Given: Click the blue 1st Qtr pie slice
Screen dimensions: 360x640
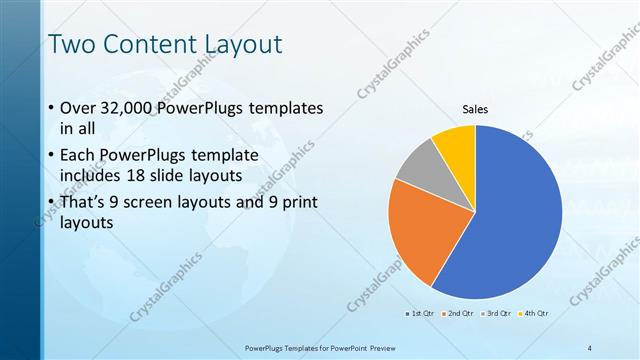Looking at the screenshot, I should (x=520, y=220).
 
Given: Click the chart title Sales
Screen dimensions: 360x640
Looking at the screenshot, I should (x=474, y=110).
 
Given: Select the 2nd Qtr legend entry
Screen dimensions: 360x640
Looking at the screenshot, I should (x=458, y=314).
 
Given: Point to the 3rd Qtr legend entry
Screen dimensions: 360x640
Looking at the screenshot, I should (x=496, y=314).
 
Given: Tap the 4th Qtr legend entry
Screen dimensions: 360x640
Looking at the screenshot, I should (x=534, y=314).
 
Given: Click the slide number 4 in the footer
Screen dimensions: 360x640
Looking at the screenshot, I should (x=590, y=346).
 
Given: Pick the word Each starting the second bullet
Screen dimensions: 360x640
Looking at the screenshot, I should (x=79, y=155).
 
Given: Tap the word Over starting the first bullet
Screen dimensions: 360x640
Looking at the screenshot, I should (x=79, y=108).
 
